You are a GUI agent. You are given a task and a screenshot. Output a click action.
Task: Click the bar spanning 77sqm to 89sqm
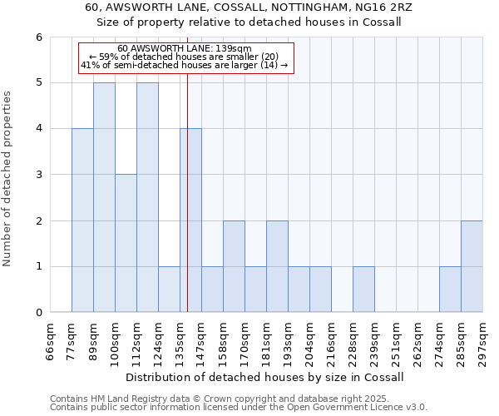[x=82, y=220]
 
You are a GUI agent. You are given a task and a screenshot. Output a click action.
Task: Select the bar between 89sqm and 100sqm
[x=104, y=197]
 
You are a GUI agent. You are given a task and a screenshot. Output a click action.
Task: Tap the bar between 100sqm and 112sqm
[x=126, y=243]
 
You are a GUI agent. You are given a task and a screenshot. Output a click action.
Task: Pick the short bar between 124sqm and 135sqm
[x=169, y=290]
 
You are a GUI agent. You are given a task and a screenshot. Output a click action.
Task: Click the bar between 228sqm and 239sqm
[x=363, y=290]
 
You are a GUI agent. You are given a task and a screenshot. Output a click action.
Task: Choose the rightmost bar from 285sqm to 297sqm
[x=472, y=266]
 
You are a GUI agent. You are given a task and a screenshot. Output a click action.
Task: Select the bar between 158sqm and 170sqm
[x=234, y=266]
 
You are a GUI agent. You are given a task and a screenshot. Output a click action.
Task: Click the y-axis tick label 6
[x=38, y=37]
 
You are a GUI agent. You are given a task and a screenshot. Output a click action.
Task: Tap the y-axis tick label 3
[x=38, y=175]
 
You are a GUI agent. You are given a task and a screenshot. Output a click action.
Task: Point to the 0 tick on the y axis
[x=38, y=313]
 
